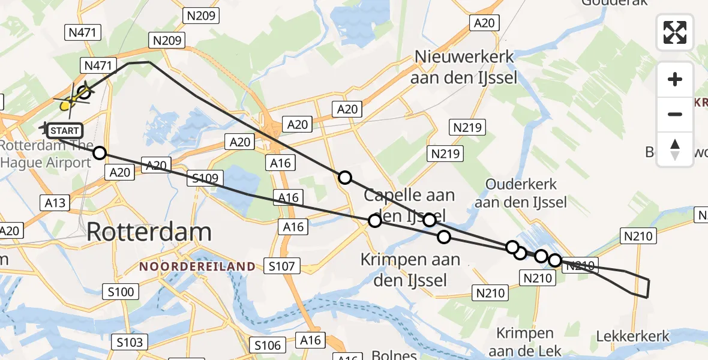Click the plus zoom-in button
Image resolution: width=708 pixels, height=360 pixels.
coord(675,79)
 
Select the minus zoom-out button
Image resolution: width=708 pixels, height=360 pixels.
coord(675,114)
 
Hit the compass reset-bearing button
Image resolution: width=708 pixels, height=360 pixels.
coord(675,149)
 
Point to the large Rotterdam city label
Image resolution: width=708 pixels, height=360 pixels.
coord(149,232)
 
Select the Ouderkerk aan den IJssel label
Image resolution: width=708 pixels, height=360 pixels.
coord(521,193)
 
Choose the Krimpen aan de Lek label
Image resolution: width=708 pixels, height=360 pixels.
coord(525,342)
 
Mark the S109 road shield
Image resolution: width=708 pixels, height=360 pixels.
coord(205,178)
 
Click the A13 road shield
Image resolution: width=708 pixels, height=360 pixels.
coord(55,202)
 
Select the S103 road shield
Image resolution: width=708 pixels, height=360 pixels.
coord(130,342)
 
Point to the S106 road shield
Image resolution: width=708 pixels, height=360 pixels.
coord(267,345)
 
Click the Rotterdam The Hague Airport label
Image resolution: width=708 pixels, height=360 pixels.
coord(47,154)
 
